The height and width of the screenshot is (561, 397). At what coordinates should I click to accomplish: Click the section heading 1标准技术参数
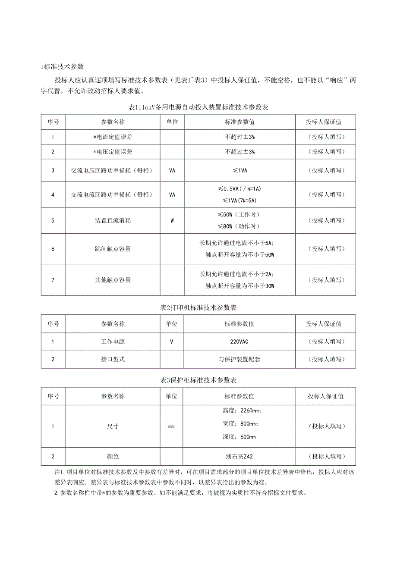coord(62,67)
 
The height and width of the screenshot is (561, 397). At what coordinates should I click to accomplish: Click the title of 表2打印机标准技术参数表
coord(198,308)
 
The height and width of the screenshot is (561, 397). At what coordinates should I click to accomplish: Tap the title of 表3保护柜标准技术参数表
coord(198,380)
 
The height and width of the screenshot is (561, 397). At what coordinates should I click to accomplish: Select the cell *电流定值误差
coord(113,137)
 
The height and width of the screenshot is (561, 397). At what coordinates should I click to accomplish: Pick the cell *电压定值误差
coord(113,152)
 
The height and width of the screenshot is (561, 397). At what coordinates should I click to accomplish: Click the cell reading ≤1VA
coord(239,170)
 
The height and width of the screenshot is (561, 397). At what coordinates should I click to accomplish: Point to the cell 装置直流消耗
coord(113,220)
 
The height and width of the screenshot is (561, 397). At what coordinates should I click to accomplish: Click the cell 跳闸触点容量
coord(113,249)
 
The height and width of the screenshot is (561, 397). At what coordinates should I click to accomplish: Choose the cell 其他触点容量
coord(113,280)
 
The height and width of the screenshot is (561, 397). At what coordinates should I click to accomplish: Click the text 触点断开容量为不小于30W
coord(239,286)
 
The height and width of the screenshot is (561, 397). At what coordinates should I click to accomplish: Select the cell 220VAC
coord(239,342)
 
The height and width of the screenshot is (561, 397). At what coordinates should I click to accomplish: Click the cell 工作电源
coord(113,342)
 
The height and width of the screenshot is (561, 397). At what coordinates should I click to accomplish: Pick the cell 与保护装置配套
coord(239,359)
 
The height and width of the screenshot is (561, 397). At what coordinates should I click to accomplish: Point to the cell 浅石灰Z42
coord(239,457)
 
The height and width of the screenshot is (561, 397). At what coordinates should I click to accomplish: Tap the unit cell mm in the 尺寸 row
coord(172,426)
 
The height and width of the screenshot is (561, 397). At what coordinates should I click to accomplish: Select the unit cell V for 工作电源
coord(172,342)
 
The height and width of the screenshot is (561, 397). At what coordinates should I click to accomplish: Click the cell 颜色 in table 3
coord(113,457)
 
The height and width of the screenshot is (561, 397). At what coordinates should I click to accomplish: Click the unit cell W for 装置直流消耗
coord(172,220)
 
